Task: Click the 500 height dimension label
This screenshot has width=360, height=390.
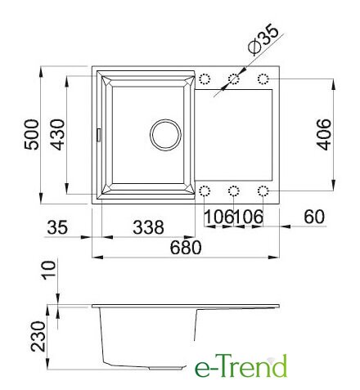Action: (x=32, y=134)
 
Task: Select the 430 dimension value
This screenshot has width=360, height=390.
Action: (x=58, y=134)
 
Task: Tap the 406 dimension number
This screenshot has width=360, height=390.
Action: (x=324, y=134)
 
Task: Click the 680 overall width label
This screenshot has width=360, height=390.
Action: (x=186, y=248)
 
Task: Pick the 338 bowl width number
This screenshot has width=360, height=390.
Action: (x=148, y=227)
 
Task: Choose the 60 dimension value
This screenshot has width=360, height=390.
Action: (x=314, y=217)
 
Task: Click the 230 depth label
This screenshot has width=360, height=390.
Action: (x=38, y=336)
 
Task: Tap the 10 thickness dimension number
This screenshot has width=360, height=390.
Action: (x=48, y=270)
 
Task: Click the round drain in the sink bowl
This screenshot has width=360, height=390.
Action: (x=165, y=135)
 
